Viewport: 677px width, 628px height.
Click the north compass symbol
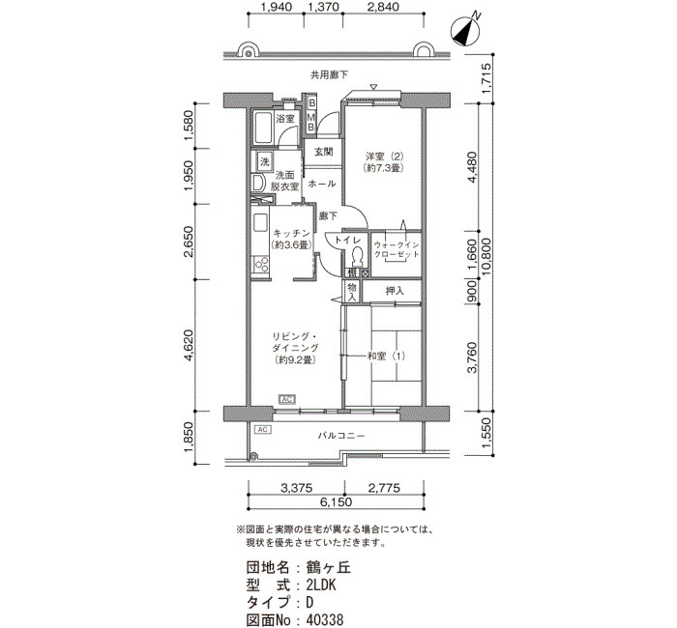tap(465, 31)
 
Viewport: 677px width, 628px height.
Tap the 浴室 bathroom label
tap(285, 118)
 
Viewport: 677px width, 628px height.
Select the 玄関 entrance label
tap(323, 152)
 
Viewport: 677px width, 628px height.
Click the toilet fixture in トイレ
tap(357, 257)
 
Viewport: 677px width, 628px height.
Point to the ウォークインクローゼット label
tap(397, 249)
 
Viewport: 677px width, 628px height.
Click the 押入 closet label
tap(395, 291)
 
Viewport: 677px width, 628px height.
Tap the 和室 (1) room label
tap(387, 357)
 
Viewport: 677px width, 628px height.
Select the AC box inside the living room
tap(287, 399)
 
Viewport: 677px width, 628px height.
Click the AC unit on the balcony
tap(263, 430)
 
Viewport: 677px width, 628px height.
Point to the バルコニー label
tap(341, 436)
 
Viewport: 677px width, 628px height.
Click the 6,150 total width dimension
tap(336, 502)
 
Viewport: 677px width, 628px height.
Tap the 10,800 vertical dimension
tap(486, 257)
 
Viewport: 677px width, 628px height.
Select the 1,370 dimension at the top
tap(322, 7)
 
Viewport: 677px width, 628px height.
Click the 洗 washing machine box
tap(265, 161)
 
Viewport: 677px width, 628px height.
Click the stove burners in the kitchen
tap(261, 265)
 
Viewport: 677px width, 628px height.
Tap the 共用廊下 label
tap(329, 75)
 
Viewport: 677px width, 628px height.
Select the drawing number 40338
tap(325, 620)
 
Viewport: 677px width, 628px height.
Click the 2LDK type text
tap(321, 585)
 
